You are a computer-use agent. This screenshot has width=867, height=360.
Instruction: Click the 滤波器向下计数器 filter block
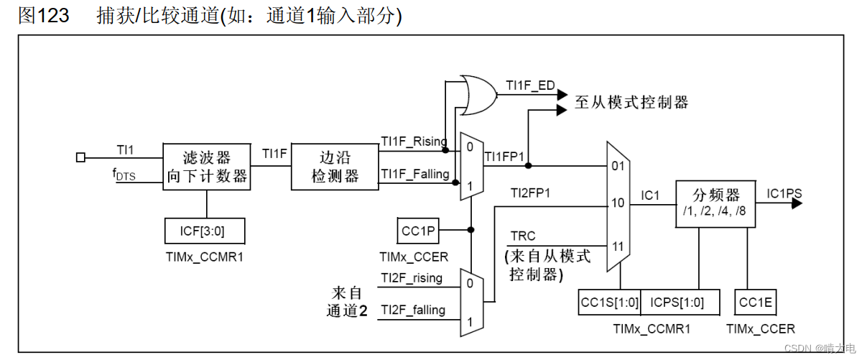click(x=207, y=166)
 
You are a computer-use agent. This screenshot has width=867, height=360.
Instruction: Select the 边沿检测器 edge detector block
click(x=335, y=166)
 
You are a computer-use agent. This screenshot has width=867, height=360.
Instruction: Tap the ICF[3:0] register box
click(x=205, y=231)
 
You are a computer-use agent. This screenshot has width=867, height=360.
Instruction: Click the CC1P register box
click(x=418, y=231)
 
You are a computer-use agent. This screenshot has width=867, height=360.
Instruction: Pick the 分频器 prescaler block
click(x=715, y=203)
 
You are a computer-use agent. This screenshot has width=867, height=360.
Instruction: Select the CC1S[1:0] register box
click(x=608, y=303)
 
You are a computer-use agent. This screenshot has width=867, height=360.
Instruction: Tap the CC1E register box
click(x=756, y=303)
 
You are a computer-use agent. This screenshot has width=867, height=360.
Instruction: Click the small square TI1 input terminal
click(x=80, y=157)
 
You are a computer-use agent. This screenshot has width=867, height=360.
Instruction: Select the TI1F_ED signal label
click(x=530, y=86)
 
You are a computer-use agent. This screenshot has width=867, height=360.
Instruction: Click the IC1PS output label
click(x=784, y=193)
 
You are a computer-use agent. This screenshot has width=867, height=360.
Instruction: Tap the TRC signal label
click(x=523, y=236)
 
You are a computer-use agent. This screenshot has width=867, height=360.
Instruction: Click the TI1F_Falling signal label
click(x=415, y=173)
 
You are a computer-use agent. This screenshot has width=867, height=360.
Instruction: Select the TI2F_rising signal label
click(x=412, y=277)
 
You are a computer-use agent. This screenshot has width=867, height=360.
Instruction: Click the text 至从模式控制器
click(x=631, y=102)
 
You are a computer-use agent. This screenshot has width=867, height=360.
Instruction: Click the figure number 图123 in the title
click(x=44, y=16)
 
